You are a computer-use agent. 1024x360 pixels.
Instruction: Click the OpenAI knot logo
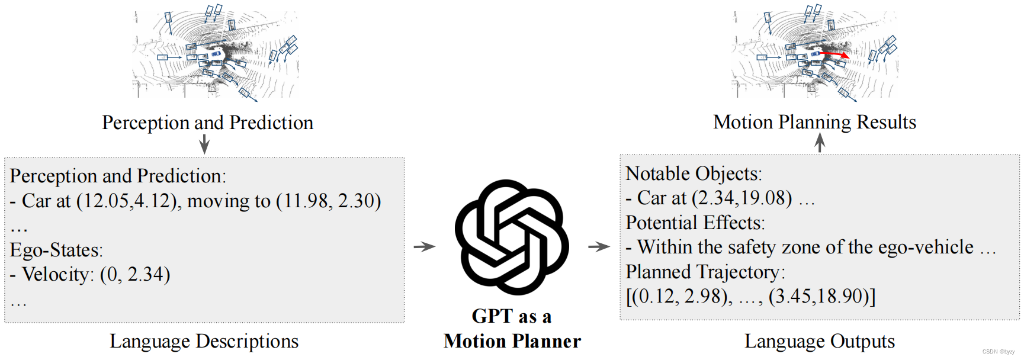[x=512, y=237]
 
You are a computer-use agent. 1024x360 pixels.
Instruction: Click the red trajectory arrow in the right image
[x=835, y=55]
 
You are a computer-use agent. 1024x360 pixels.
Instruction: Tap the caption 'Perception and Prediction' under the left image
[x=207, y=123]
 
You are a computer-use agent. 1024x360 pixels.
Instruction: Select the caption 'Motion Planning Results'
[x=814, y=122]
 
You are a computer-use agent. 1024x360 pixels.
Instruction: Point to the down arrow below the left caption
[x=204, y=144]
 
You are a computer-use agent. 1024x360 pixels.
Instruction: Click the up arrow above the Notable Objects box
[x=820, y=142]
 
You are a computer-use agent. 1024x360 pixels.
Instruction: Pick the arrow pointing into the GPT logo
[x=424, y=246]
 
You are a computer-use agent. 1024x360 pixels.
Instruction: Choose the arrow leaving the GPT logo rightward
[x=599, y=246]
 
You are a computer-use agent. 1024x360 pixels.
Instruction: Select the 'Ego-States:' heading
[x=56, y=250]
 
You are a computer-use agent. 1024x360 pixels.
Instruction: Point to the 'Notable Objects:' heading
[x=694, y=173]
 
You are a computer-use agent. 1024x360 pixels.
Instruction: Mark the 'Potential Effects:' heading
[x=695, y=223]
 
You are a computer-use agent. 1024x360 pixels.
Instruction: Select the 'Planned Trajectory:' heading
[x=705, y=272]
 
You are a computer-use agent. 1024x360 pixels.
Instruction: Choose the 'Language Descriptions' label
[x=204, y=341]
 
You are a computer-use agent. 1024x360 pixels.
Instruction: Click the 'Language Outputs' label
[x=819, y=341]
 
